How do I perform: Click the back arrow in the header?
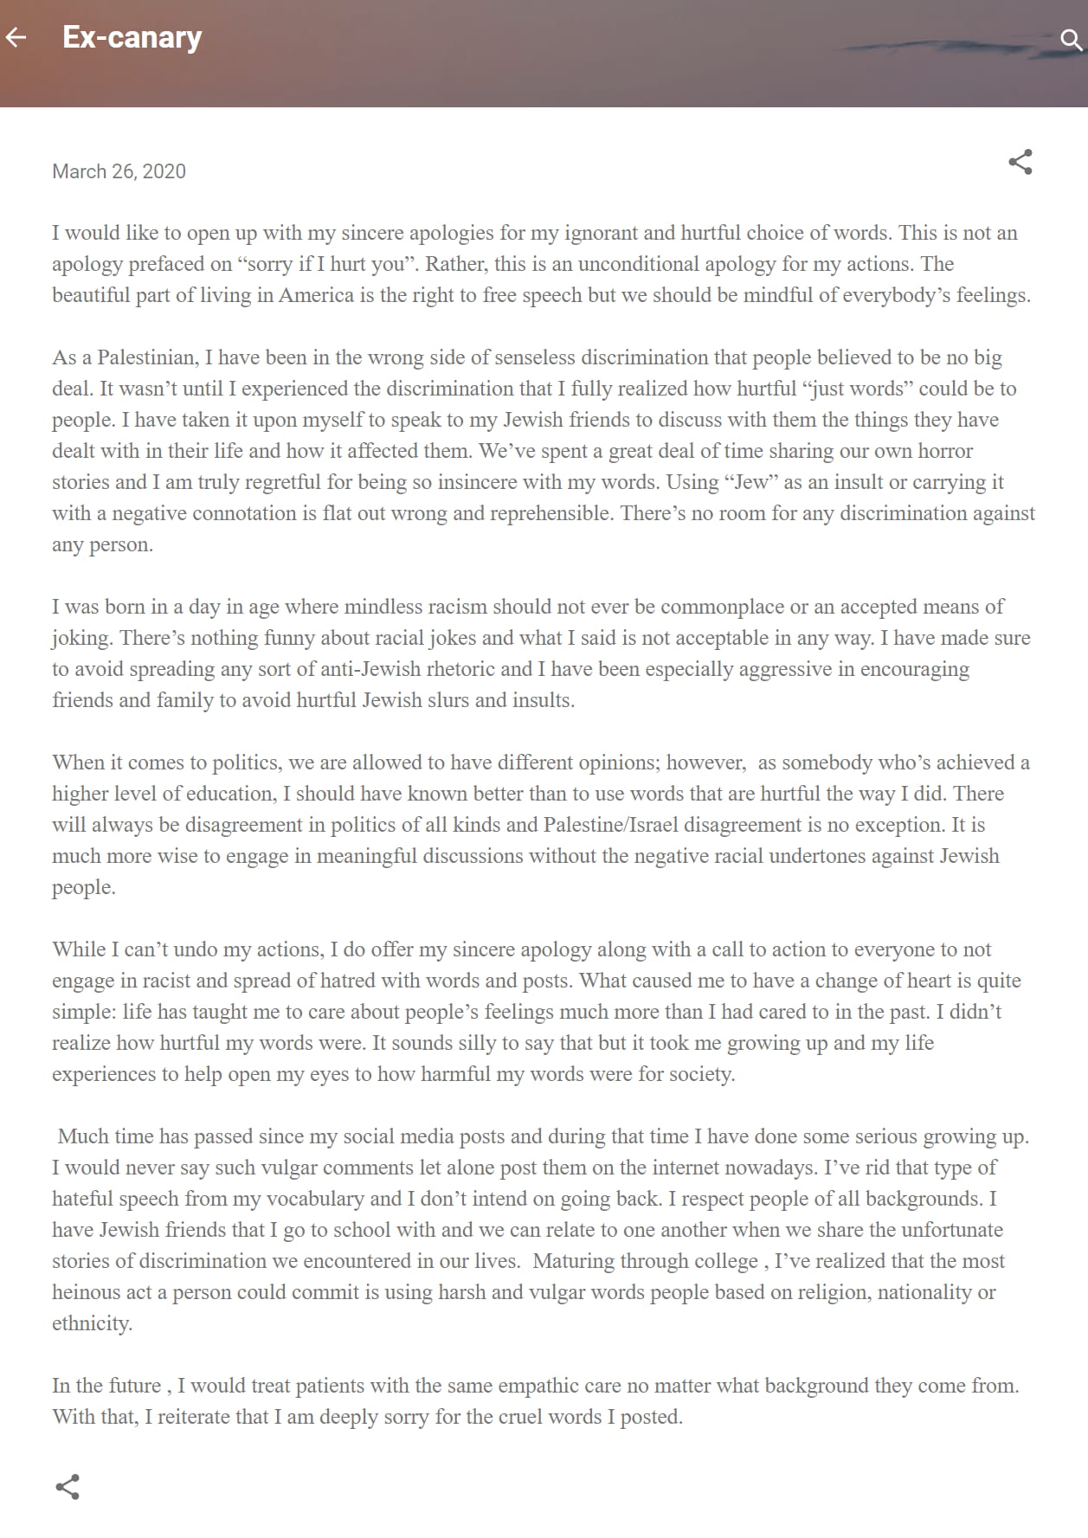coord(16,37)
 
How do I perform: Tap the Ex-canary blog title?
coord(132,37)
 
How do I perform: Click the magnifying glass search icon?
coord(1071,39)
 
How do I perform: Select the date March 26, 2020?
coord(119,171)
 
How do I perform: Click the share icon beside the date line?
coord(1020,162)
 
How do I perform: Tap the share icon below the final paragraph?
coord(68,1487)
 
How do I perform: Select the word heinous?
coord(89,1292)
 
